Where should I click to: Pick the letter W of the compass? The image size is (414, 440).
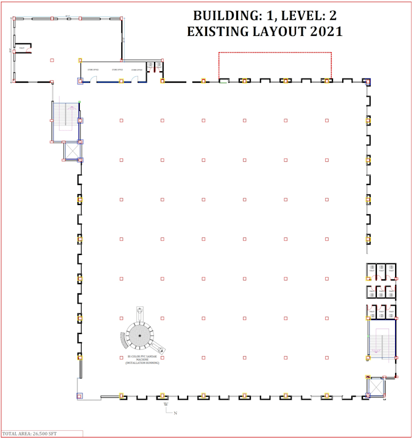coord(166,404)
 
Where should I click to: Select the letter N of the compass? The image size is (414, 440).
coord(176,414)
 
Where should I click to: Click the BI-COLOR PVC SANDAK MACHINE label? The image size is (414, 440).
coord(142,360)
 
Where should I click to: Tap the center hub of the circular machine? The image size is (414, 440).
coord(140,336)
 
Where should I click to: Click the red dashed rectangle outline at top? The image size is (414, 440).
coord(275,53)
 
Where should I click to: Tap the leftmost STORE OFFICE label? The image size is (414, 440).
coord(93,70)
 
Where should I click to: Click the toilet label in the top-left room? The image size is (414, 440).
coord(22,47)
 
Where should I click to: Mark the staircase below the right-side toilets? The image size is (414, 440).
coord(382,343)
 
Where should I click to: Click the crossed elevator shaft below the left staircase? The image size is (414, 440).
coord(72,150)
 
